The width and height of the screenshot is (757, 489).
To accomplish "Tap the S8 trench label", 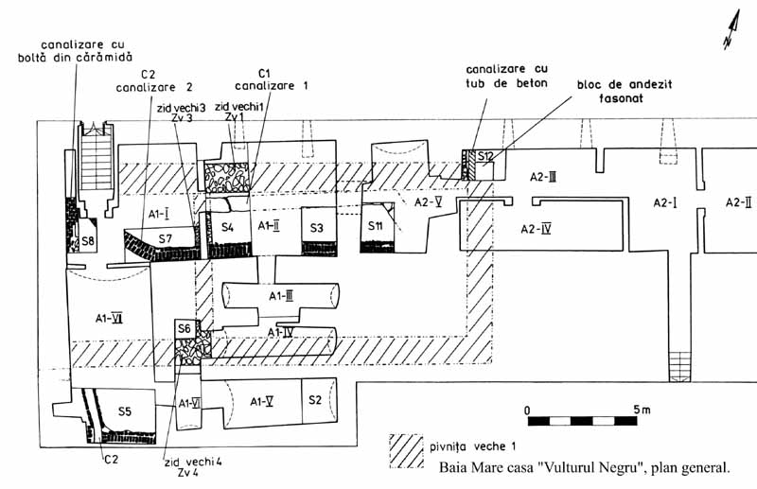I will [87, 241].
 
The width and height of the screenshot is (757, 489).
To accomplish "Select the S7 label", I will [165, 237].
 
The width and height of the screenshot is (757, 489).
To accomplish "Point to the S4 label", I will [227, 227].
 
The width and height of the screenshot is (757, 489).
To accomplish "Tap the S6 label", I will [185, 328].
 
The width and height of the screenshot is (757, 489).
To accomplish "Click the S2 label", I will [317, 400].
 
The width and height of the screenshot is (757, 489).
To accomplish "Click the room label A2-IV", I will [537, 229].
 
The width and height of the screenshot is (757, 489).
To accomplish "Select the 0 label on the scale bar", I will [527, 410].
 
